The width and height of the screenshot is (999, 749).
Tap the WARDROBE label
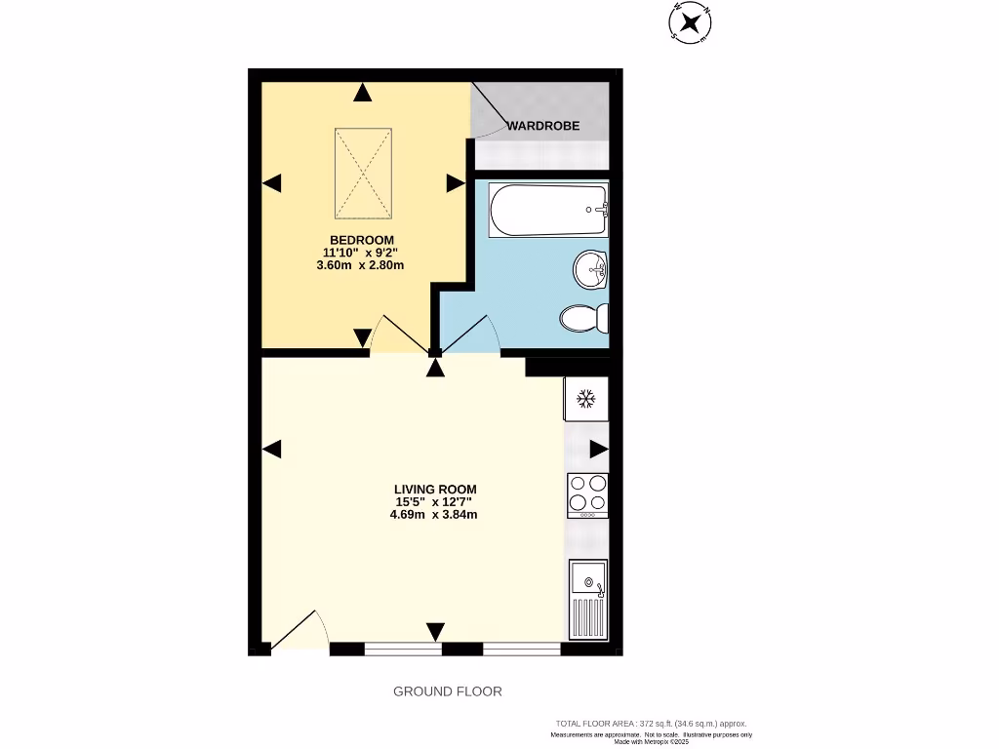click(x=544, y=126)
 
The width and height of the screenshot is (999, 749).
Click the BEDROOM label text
click(x=362, y=240)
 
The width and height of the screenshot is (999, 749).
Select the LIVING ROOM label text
click(x=435, y=489)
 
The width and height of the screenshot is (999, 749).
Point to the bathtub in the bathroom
click(x=548, y=210)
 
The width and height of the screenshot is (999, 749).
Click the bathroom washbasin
click(x=590, y=269)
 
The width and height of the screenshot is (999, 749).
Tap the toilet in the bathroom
click(x=584, y=318)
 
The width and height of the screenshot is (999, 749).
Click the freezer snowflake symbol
click(x=585, y=398)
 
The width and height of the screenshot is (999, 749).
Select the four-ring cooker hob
click(x=586, y=493)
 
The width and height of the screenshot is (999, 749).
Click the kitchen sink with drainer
click(x=587, y=599)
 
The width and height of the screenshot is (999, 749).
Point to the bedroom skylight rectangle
click(x=364, y=174)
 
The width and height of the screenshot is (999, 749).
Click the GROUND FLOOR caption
click(x=448, y=691)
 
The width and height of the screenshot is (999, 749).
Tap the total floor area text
click(x=651, y=723)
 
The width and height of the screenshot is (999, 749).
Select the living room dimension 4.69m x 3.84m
click(x=434, y=515)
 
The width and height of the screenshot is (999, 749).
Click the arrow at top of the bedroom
click(x=363, y=93)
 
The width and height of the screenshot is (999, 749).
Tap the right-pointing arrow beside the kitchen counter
click(x=598, y=449)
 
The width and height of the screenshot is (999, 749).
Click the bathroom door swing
click(x=472, y=334)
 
